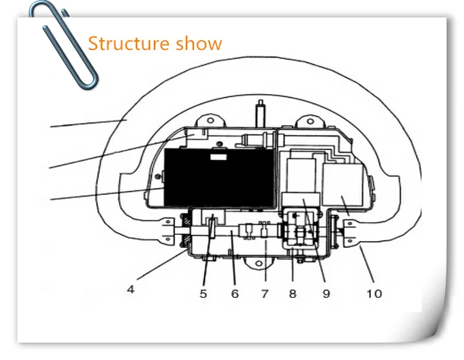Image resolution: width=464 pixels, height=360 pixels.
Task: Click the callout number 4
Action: tap(130, 289)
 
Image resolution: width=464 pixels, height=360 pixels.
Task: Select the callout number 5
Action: tap(203, 293)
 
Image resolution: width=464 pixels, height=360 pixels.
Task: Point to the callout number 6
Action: tap(234, 293)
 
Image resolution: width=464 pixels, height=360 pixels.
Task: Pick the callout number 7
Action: tap(265, 293)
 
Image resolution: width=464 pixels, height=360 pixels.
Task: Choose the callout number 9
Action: tap(326, 293)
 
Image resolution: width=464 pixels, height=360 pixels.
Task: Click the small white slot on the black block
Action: tap(218, 158)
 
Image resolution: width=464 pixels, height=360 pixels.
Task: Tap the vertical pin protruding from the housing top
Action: tap(260, 114)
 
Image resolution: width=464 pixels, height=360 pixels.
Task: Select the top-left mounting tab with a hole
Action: tap(208, 120)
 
